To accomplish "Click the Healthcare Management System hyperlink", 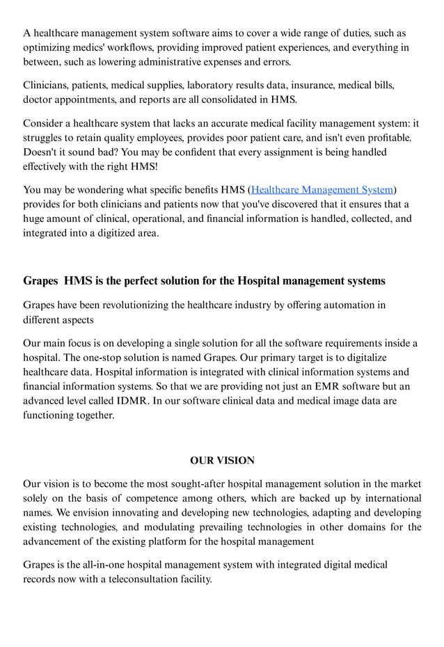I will (322, 189).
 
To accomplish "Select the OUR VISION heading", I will (222, 461).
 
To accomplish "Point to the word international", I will (389, 498).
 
